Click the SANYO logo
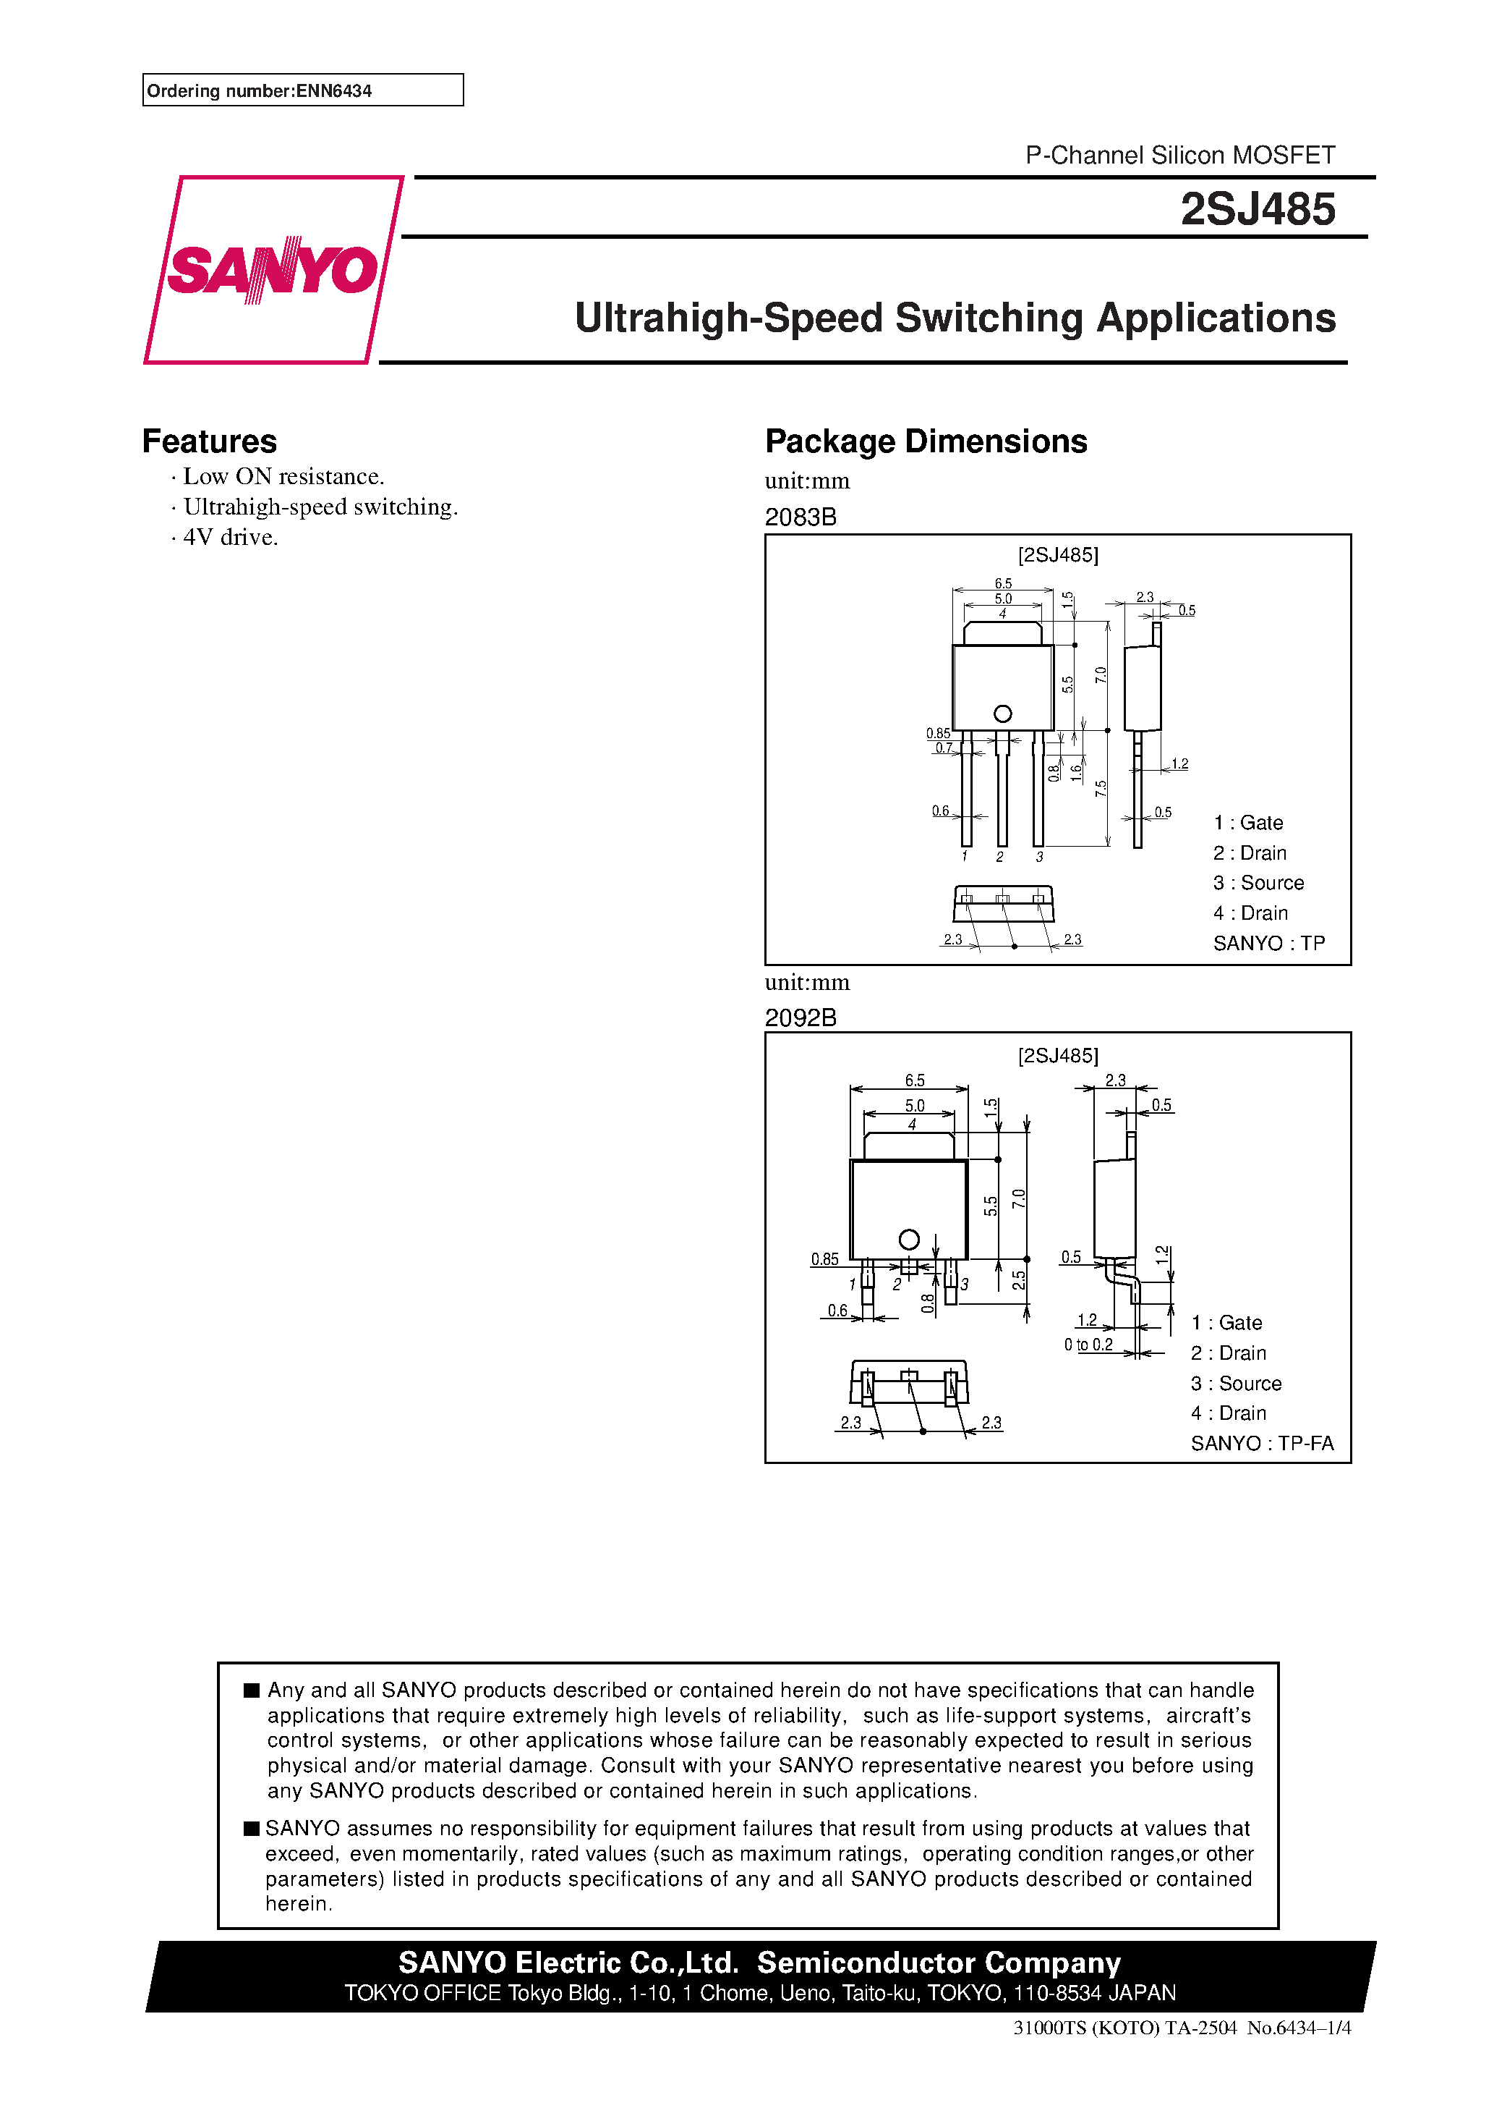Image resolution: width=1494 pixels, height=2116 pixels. [x=273, y=269]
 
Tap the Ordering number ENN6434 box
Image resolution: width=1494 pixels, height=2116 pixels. [x=302, y=90]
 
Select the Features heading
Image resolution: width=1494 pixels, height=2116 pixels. [x=209, y=441]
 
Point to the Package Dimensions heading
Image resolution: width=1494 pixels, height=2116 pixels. [x=926, y=441]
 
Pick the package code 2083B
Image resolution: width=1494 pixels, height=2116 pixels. [x=801, y=517]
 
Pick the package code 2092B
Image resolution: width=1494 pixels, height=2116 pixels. [x=801, y=1017]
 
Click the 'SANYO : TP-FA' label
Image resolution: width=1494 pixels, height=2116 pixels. [x=1261, y=1443]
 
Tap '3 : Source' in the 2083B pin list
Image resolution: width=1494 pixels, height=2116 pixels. [x=1258, y=883]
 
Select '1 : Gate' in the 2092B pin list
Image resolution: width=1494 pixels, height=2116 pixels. [x=1226, y=1324]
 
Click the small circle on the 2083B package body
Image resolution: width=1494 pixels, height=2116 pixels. [x=1003, y=714]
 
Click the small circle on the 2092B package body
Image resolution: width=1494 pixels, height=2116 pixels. [x=909, y=1240]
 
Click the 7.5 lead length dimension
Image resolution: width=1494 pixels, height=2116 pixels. [x=1101, y=788]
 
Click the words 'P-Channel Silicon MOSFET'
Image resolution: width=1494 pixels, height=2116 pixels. [x=1180, y=155]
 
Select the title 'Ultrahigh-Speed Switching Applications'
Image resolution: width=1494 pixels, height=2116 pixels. [x=955, y=318]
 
